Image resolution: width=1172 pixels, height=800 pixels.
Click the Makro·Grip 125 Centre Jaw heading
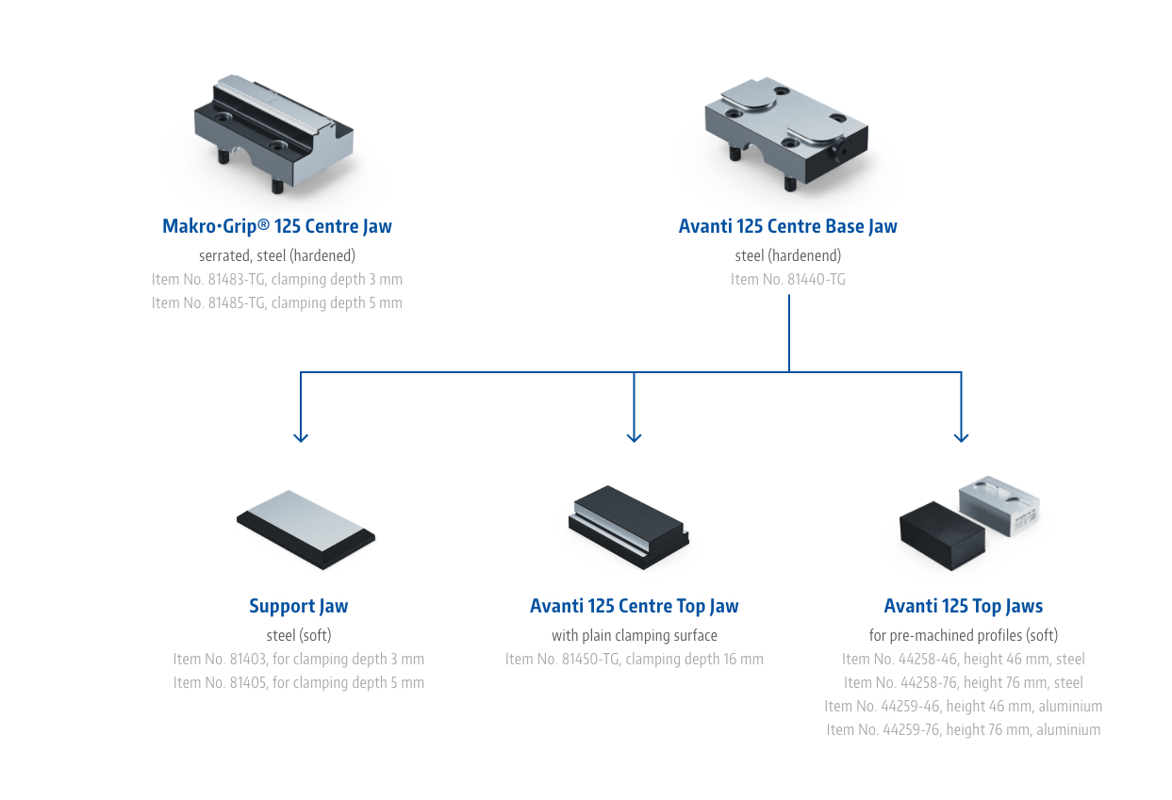(276, 226)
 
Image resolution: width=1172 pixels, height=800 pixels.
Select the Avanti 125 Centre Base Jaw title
(787, 226)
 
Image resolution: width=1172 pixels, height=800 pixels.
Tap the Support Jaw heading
(298, 606)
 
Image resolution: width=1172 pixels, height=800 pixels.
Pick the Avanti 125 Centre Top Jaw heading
(634, 606)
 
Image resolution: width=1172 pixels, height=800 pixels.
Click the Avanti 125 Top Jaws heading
(963, 606)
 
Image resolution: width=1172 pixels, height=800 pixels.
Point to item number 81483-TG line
(276, 279)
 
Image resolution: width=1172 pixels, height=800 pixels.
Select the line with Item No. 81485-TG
(276, 302)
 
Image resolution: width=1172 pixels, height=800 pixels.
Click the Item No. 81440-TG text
(787, 279)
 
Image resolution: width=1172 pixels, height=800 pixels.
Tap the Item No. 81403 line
(298, 659)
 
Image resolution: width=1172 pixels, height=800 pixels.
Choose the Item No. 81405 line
(298, 682)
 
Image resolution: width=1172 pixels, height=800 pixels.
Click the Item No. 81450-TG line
(634, 659)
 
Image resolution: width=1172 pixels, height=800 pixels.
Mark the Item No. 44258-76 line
(963, 682)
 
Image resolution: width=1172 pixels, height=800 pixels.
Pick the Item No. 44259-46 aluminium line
(963, 706)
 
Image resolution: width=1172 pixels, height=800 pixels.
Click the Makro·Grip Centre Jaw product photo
(272, 134)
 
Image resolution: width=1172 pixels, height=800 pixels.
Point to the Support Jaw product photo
(305, 529)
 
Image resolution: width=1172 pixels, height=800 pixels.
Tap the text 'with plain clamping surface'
(634, 635)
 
